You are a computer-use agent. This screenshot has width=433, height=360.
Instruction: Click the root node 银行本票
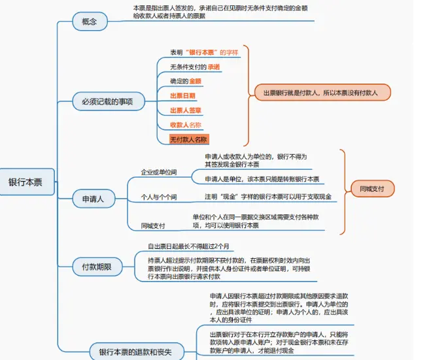click(x=26, y=182)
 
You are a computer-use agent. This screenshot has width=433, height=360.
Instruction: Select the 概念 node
click(x=90, y=22)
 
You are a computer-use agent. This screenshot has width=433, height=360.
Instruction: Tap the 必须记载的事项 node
click(x=112, y=101)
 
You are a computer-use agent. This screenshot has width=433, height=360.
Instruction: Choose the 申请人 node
click(x=93, y=197)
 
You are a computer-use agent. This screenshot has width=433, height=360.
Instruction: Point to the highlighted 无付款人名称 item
click(x=188, y=139)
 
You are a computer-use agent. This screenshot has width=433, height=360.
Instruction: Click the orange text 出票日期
click(x=182, y=96)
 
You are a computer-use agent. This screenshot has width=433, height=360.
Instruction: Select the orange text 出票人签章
click(x=186, y=110)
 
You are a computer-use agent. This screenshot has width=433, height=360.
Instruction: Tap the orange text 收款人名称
click(x=186, y=125)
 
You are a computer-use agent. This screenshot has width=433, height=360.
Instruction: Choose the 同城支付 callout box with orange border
click(x=372, y=189)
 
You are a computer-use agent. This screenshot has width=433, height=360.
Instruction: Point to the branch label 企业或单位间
click(x=159, y=172)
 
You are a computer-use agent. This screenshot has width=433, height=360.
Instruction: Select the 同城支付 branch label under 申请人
click(x=152, y=225)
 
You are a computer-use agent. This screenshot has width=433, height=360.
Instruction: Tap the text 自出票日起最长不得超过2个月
click(x=188, y=246)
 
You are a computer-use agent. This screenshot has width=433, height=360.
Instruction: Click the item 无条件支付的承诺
click(x=195, y=67)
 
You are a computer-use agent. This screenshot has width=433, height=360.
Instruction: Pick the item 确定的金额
click(x=185, y=81)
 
